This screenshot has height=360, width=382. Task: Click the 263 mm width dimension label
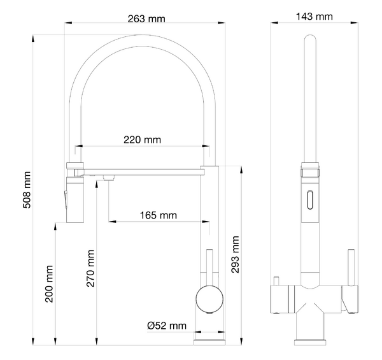(x=146, y=18)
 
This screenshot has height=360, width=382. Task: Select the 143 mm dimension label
(x=315, y=17)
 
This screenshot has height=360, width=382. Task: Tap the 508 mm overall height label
(x=27, y=190)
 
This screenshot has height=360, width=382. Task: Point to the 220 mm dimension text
(x=142, y=140)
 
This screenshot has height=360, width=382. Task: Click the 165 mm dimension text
(x=159, y=215)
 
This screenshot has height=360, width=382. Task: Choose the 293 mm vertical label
(x=235, y=254)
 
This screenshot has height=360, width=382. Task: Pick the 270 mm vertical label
(x=90, y=268)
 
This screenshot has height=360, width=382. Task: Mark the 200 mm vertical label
(x=49, y=284)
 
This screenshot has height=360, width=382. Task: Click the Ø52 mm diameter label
(x=167, y=326)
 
